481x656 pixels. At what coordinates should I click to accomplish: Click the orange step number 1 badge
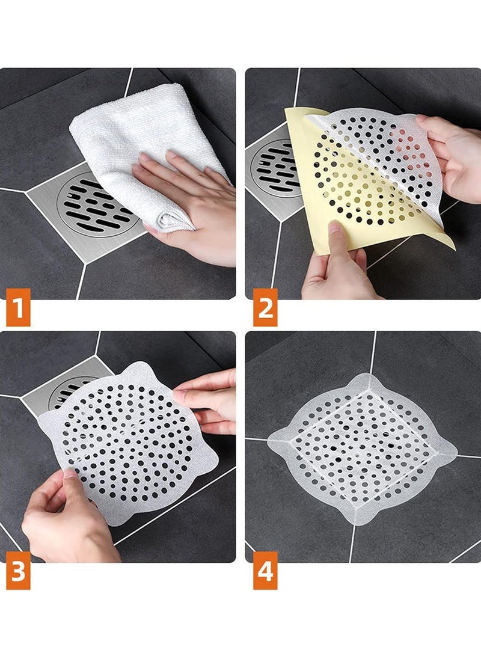pyautogui.click(x=18, y=307)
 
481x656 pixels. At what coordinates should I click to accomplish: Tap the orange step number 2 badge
pyautogui.click(x=265, y=307)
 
